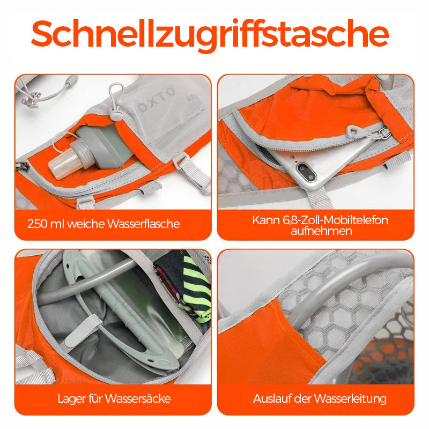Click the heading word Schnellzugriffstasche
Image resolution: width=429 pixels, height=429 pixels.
coord(210,35)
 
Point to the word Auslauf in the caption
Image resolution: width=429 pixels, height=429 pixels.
coord(271,399)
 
